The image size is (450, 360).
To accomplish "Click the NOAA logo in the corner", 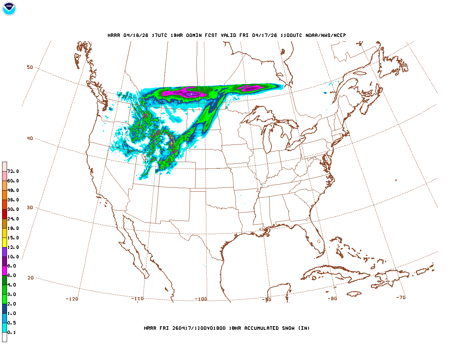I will (x=9, y=9).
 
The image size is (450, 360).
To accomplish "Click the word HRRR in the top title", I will (x=114, y=35).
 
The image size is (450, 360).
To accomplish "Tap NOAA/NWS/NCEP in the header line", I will (x=326, y=35).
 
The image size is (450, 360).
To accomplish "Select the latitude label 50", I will (x=30, y=67).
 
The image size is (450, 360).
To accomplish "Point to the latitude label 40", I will (x=30, y=138).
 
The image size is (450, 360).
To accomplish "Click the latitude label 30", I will (x=30, y=207).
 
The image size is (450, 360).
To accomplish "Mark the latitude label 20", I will (x=31, y=278).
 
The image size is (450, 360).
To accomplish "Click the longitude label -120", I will (x=72, y=299).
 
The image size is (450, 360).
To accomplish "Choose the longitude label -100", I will (x=201, y=299).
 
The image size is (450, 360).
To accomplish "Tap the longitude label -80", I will (x=332, y=298).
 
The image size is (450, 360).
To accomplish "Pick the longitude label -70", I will (x=401, y=297).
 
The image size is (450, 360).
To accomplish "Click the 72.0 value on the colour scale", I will (x=13, y=171).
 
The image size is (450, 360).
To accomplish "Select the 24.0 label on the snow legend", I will (x=13, y=219).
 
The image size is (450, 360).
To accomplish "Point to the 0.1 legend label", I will (x=12, y=332).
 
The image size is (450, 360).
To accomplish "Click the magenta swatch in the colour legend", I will (x=5, y=271).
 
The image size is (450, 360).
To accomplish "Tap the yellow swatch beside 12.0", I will (x=5, y=242).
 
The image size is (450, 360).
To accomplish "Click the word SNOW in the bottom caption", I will (x=287, y=328).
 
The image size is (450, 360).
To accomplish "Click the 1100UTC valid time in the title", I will (x=291, y=35).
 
